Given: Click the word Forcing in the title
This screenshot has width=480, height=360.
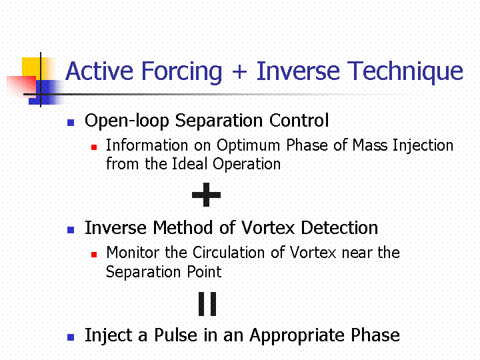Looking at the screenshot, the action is [181, 73].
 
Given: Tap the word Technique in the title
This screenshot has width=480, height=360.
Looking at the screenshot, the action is [405, 73].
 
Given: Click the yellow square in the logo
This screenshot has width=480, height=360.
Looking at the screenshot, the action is [36, 68].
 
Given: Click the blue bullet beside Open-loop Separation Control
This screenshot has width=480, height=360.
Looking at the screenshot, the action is [71, 123].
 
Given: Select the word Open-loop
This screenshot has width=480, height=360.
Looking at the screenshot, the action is [127, 121].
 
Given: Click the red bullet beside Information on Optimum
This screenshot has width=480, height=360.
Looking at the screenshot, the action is [94, 147].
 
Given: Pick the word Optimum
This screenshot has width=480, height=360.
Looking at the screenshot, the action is [248, 145].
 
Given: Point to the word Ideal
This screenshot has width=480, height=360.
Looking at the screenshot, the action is [190, 164].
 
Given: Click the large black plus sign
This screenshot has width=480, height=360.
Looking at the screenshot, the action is [206, 195].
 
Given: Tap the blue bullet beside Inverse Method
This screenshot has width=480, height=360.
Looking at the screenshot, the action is [71, 230].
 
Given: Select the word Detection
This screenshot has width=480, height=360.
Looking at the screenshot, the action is [339, 228].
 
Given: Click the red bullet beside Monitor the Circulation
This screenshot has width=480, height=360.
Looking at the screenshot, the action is [94, 255].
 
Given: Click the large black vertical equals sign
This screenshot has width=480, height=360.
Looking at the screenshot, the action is [207, 304].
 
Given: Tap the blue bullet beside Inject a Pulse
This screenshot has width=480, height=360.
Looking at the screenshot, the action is [71, 337].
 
